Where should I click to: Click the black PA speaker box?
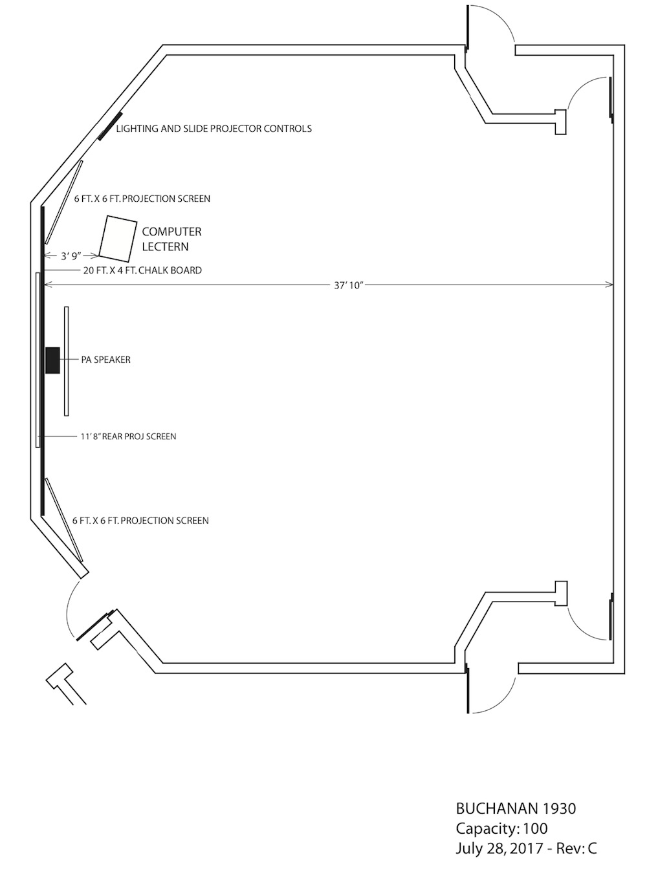[52, 360]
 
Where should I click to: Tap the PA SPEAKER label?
[105, 360]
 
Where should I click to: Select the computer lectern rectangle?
[118, 239]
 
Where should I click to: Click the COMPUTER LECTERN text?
[171, 239]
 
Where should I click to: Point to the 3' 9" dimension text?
[71, 256]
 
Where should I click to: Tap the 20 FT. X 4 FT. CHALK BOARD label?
[142, 270]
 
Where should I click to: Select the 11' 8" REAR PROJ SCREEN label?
[128, 437]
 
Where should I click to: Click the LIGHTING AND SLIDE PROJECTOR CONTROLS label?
[214, 129]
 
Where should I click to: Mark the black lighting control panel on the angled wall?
[110, 126]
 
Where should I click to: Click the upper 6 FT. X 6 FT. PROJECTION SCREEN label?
[142, 199]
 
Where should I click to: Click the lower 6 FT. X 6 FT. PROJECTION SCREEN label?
[140, 521]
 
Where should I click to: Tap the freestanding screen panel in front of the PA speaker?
[67, 361]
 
